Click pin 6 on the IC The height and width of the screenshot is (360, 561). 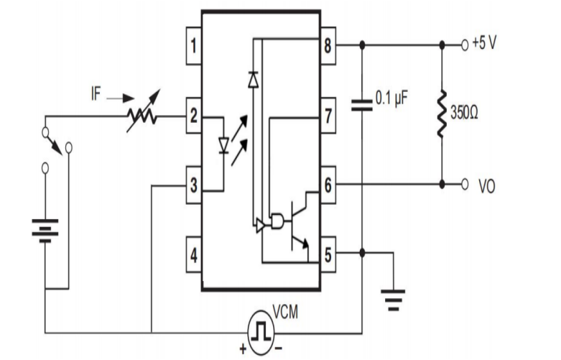pyautogui.click(x=328, y=184)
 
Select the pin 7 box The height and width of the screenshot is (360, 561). pyautogui.click(x=328, y=116)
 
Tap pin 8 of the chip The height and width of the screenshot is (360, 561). pyautogui.click(x=328, y=45)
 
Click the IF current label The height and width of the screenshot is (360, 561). pyautogui.click(x=96, y=94)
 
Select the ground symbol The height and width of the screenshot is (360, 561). pyautogui.click(x=394, y=298)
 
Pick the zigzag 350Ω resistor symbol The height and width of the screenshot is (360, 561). pyautogui.click(x=442, y=114)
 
